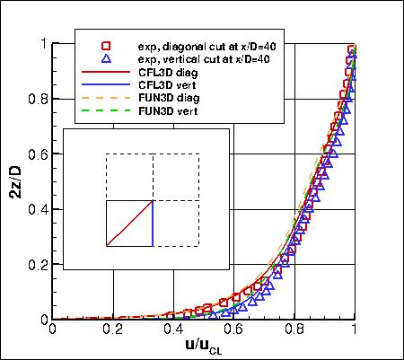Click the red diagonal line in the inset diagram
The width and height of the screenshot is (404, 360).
[129, 223]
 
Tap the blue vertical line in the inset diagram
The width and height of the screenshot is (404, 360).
[153, 223]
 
